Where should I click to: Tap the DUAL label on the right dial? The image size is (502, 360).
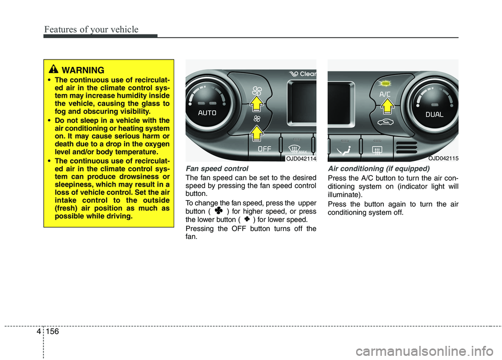[435, 114]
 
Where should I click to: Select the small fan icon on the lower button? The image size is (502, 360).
[257, 119]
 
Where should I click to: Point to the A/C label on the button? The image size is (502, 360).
[385, 94]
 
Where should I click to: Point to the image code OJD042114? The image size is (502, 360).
[301, 157]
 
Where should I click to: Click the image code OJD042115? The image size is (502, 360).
[442, 157]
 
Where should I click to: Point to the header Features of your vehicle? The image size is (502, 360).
[92, 29]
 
